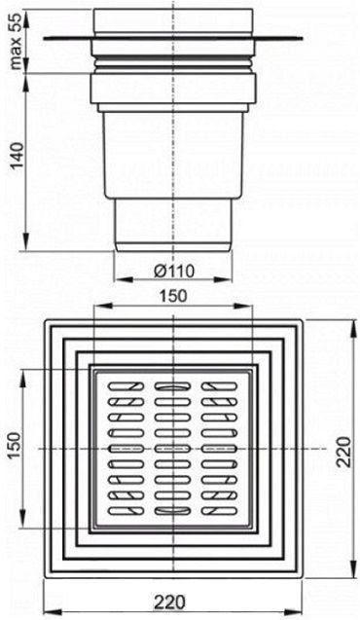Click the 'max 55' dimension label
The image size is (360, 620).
tap(17, 40)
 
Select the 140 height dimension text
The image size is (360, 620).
tap(17, 157)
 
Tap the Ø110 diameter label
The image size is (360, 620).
tap(174, 272)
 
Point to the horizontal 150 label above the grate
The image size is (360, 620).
tap(173, 295)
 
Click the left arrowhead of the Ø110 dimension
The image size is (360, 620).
tap(122, 279)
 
